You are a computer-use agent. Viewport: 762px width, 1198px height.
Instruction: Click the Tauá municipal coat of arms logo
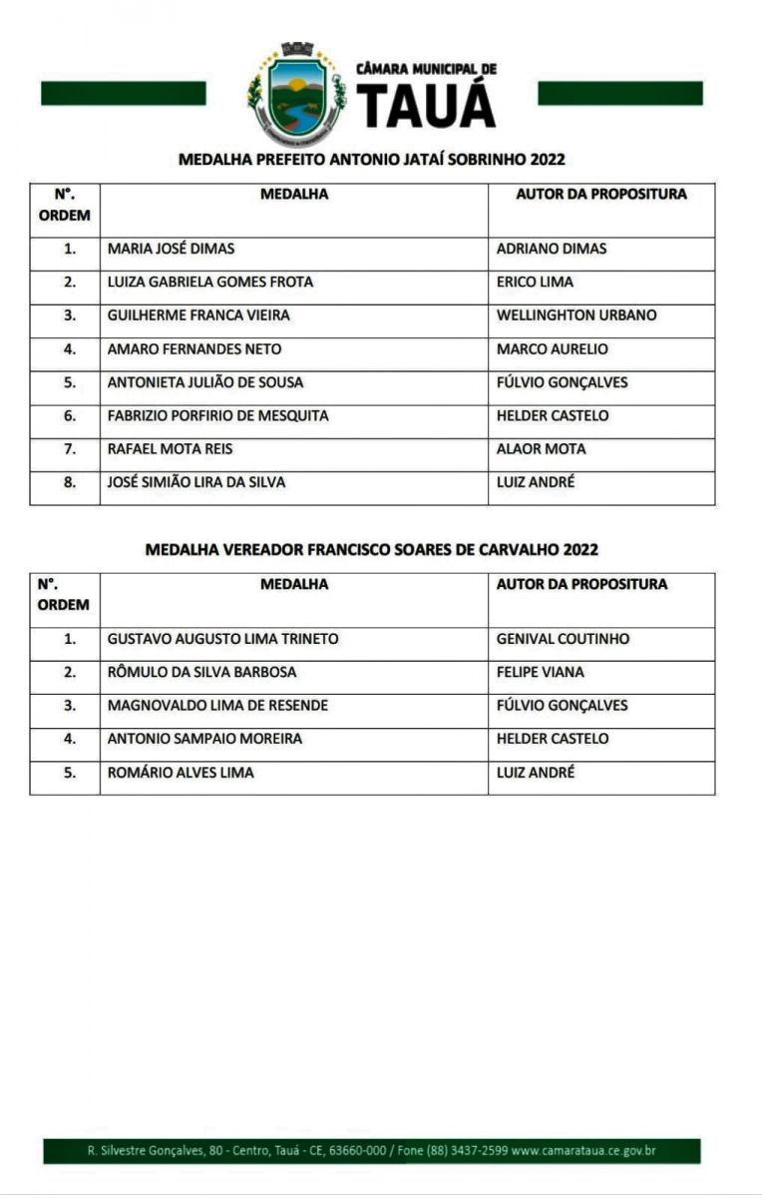[x=295, y=94]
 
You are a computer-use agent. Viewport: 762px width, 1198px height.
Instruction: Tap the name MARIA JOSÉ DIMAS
[x=171, y=249]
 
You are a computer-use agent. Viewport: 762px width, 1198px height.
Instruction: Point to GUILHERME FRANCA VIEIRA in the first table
[x=198, y=315]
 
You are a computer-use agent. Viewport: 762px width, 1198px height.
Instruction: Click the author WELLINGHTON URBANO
[x=576, y=315]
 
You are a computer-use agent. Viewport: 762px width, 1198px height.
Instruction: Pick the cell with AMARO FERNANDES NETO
[x=193, y=349]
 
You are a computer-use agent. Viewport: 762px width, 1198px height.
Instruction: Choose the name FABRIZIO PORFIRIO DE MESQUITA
[x=217, y=415]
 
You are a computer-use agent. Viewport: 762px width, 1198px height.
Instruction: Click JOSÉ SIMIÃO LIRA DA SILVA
[x=195, y=482]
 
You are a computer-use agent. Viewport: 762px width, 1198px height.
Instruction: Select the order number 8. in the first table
[x=70, y=482]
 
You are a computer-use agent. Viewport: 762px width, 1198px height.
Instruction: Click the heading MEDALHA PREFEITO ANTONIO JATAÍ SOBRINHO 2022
[x=372, y=160]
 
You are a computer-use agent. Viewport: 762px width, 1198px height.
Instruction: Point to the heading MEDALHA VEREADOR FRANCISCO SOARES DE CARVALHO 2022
[x=372, y=549]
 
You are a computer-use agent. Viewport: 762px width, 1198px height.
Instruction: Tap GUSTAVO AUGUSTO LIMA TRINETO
[x=222, y=639]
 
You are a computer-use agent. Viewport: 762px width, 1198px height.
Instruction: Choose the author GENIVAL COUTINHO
[x=563, y=639]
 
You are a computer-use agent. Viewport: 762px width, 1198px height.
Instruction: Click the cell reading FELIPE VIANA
[x=540, y=672]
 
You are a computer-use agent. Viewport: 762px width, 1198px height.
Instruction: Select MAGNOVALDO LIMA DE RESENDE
[x=217, y=706]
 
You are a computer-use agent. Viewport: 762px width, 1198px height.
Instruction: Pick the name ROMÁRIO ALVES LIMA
[x=181, y=773]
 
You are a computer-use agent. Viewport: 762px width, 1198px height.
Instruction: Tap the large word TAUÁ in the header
[x=426, y=104]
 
